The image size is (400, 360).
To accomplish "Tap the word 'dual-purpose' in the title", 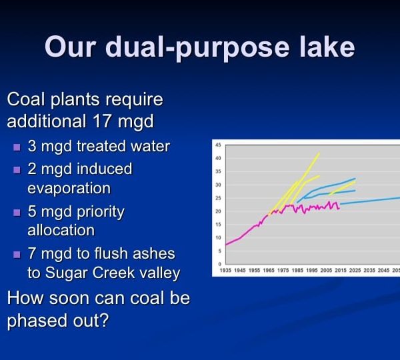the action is pos(197,48).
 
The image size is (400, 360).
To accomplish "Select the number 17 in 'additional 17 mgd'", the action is pos(101,121).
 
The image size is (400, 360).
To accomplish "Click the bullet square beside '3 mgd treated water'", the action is pos(17,147).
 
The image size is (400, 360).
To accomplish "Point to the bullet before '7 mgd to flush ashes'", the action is pos(17,255).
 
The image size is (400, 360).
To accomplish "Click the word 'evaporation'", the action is pos(69,189).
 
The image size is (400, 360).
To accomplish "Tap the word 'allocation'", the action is pos(61,230).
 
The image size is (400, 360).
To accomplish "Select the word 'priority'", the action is pos(101,213).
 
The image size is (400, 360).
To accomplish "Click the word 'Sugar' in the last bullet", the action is pos(67,273).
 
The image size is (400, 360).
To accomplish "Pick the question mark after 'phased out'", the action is pos(105,320).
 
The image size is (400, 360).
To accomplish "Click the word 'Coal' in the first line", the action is pos(24,99).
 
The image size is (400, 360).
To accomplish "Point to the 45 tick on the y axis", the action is pos(218,145).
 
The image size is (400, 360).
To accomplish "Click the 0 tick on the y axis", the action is pos(219,264).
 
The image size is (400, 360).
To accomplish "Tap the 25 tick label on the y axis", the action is pos(218,198).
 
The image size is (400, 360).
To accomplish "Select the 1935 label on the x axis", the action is pos(225,270).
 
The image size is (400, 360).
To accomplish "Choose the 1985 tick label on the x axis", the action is pos(297,270).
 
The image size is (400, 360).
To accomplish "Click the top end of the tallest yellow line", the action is pos(319,153).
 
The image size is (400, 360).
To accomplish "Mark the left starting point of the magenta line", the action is pos(226,245).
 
